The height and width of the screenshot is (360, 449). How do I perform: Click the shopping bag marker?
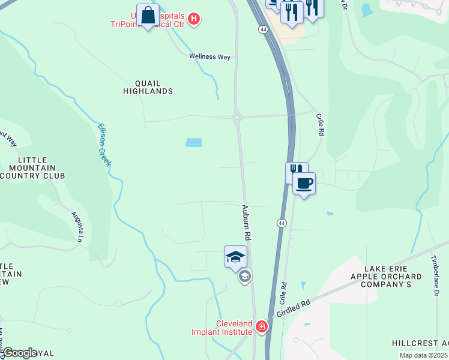(148, 16)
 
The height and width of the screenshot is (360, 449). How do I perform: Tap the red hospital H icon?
(193, 19)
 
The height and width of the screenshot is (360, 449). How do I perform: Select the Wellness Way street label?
(210, 56)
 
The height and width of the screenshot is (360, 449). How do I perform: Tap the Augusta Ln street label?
(76, 226)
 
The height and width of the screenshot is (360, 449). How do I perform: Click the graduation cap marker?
(235, 257)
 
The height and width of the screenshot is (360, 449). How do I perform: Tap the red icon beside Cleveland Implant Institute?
(261, 327)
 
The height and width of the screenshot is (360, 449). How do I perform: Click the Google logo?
(19, 353)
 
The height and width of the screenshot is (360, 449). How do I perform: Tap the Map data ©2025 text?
(423, 355)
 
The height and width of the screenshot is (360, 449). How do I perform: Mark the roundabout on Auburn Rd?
(238, 118)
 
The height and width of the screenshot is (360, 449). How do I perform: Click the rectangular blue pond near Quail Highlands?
(194, 143)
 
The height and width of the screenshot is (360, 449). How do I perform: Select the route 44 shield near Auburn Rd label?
(281, 223)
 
